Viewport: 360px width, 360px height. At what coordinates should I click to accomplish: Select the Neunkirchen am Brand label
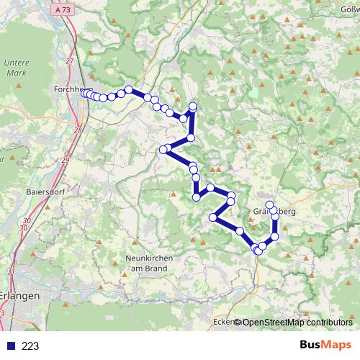coord(146,263)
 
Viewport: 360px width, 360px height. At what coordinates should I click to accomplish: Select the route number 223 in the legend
coord(30,346)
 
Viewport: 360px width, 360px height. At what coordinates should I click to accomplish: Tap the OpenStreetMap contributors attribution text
coord(297,322)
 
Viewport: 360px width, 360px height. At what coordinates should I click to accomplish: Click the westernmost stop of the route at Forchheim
coord(84,93)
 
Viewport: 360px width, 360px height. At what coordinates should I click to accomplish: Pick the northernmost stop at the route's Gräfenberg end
coord(270,204)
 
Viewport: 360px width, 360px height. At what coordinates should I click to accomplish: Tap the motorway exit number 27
coord(71,61)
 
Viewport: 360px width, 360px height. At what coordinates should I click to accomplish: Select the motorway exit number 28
coord(78,130)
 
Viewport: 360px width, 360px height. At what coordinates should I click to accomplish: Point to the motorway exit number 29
coord(65,159)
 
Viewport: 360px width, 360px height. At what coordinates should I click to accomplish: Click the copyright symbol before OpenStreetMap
coord(238,322)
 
